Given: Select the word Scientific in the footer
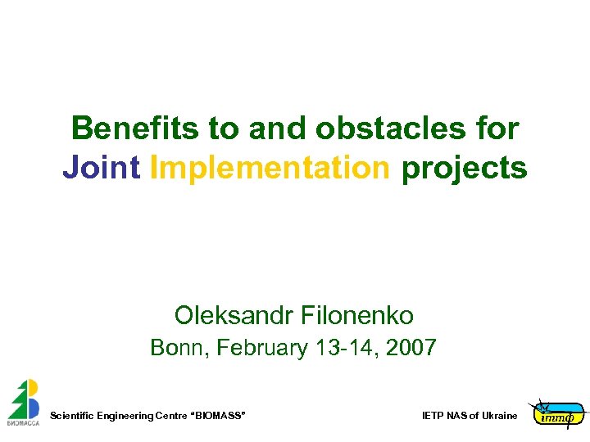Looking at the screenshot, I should click(x=72, y=417).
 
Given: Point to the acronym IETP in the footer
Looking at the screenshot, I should click(x=433, y=417).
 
